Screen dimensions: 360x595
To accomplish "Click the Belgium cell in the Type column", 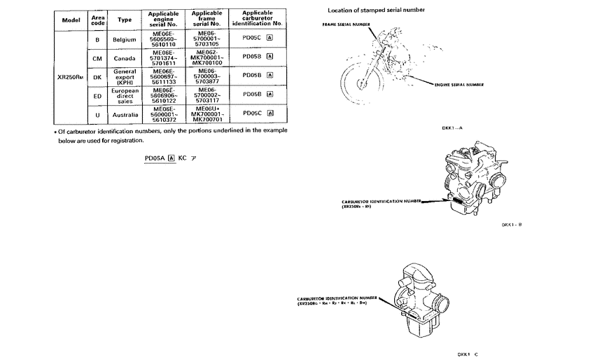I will (124, 39).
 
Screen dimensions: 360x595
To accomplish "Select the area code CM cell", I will (97, 57).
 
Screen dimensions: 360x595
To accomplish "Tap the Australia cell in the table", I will (124, 114).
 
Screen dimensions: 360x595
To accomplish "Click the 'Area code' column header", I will (97, 20).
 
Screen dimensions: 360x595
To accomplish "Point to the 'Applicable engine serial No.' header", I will (163, 20).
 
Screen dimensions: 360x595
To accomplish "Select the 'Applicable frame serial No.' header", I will (206, 20).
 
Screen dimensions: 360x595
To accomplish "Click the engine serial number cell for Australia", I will (163, 114).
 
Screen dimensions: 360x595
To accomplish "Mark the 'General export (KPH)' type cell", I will (124, 76).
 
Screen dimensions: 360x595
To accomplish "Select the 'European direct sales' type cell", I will (124, 95).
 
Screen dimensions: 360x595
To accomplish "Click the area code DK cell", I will (97, 76).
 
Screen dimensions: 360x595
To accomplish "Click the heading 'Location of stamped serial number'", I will (376, 11).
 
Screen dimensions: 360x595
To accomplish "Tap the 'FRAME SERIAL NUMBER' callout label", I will (346, 25).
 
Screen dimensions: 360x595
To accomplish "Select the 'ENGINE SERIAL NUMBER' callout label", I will (458, 85).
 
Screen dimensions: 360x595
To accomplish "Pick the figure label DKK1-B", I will (512, 225).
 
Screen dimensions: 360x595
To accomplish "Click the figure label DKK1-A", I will (452, 128).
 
